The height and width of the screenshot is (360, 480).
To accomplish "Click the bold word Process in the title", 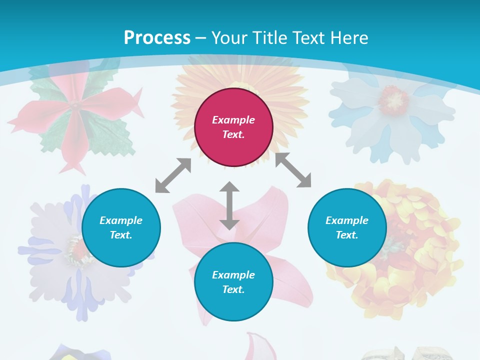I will pos(157,38).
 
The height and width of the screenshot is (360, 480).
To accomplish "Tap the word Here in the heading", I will pos(349,38).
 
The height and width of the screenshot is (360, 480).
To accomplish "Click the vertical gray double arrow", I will pos(229,205).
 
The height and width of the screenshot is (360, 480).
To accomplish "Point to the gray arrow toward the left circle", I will pos(173,175).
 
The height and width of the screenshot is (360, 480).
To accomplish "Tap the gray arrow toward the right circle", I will pos(293,170).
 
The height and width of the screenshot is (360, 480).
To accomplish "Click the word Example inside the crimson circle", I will pos(233,120).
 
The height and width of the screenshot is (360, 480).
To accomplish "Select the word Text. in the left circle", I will pos(121,235).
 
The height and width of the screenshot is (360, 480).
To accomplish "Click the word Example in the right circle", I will pos(347,220).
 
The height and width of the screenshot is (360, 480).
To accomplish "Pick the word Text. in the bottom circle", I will pos(233,289).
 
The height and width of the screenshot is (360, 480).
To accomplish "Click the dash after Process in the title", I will pos(201,38).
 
